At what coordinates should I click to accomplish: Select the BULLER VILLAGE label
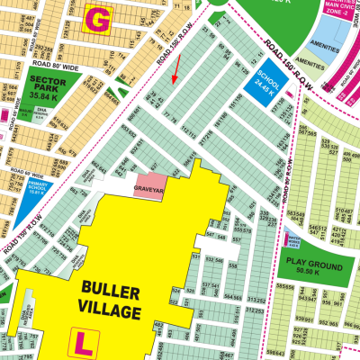point(112,301)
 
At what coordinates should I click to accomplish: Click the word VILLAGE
point(112,312)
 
